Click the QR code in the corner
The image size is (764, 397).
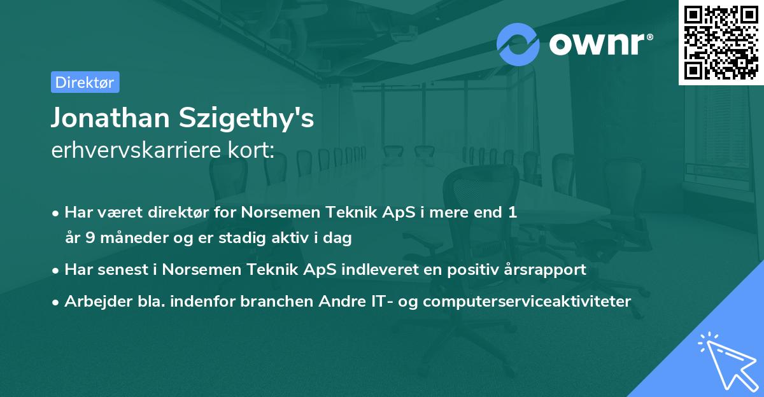coord(721,43)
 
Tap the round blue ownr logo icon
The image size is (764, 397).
coord(518,45)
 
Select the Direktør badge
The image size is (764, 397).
coord(85,82)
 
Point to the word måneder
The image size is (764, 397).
coord(127,239)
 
